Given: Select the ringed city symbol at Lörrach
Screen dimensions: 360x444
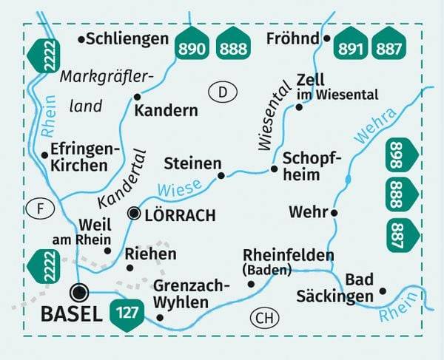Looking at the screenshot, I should click(134, 214).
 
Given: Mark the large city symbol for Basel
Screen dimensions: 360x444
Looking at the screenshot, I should click(80, 290).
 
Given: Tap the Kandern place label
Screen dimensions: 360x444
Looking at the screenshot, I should click(166, 111).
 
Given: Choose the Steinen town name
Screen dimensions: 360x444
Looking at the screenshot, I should click(192, 163).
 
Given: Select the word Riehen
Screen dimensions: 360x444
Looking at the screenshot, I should click(152, 254).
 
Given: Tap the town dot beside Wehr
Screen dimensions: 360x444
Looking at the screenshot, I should click(334, 213).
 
